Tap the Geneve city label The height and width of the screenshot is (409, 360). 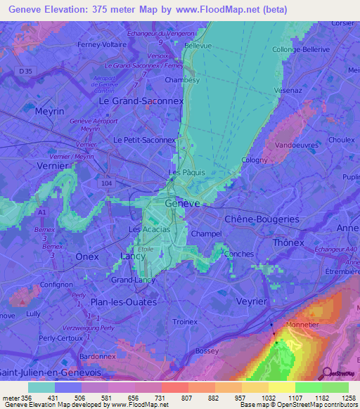pos(182,202)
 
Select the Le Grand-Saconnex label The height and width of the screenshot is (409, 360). pos(141,100)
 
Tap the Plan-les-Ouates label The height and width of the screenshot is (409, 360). pos(124,301)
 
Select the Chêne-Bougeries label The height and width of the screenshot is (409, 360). pos(262,219)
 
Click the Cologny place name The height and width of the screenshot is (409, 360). pos(255,160)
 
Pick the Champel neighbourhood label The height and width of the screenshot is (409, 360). pos(206,233)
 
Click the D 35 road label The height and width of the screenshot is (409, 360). pos(25,72)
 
